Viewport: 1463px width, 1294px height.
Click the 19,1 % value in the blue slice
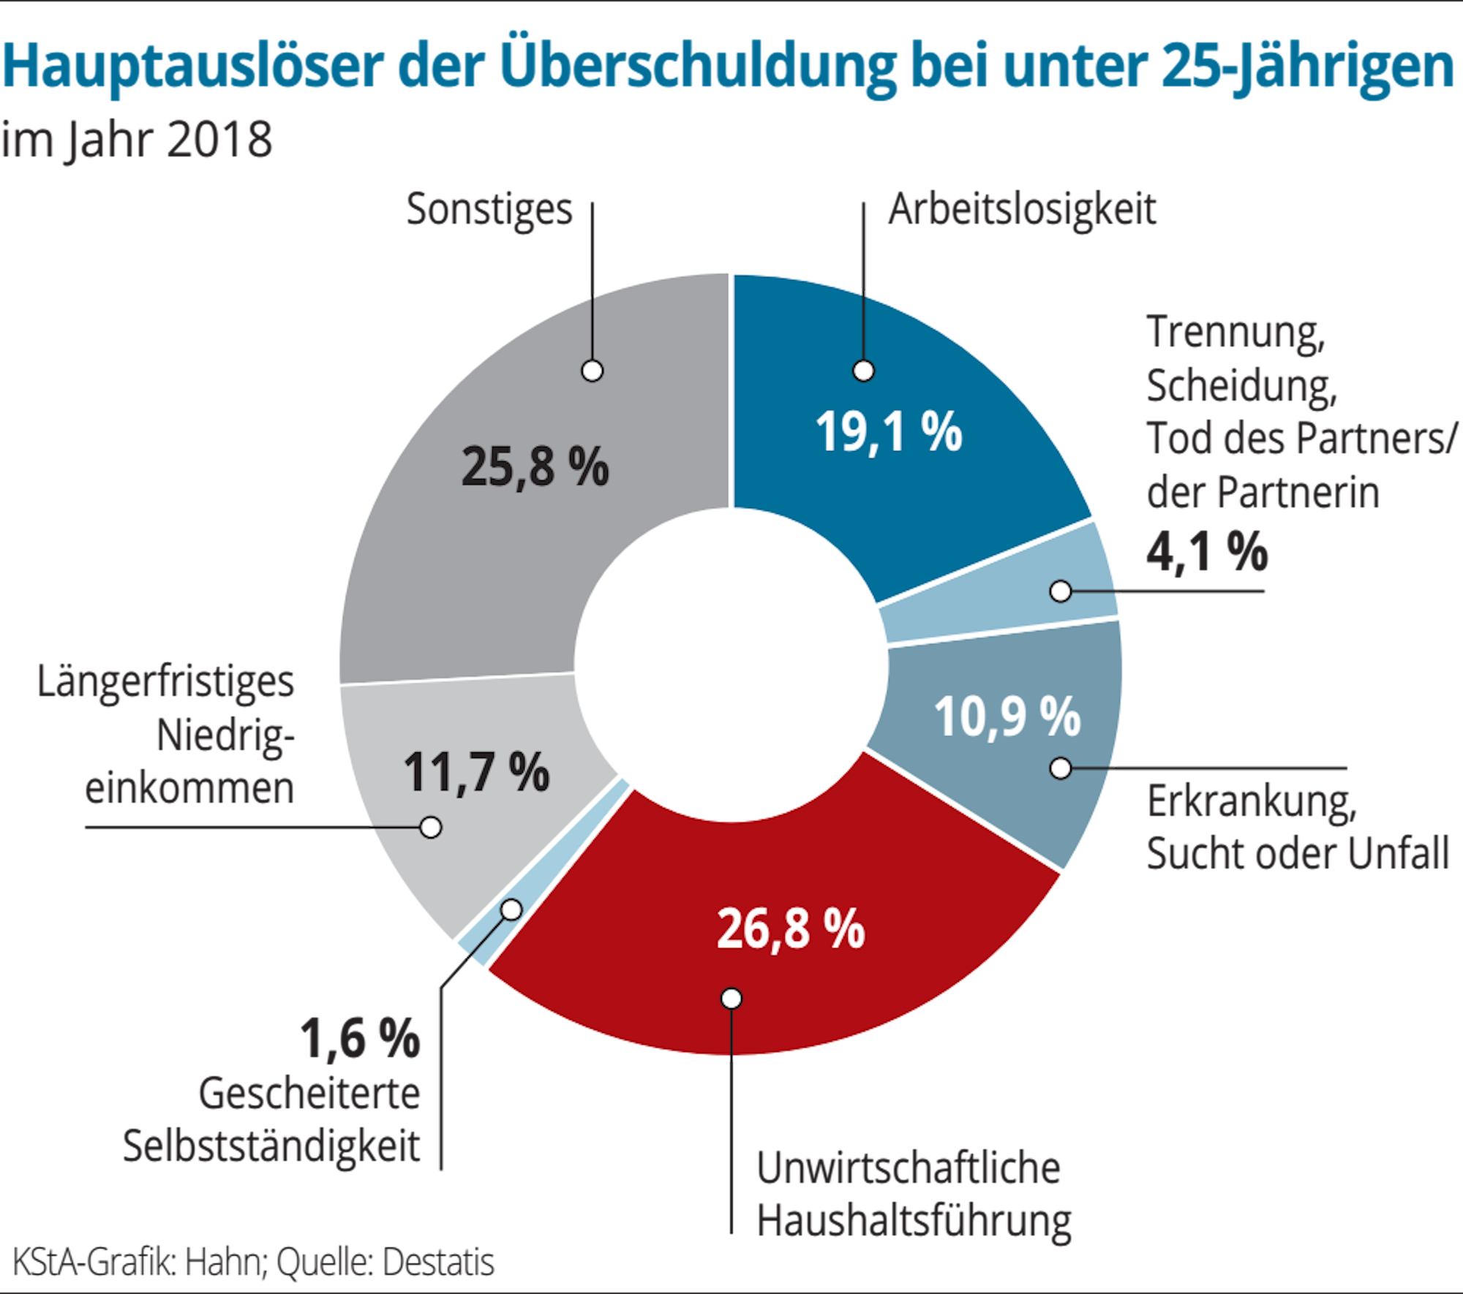(x=889, y=432)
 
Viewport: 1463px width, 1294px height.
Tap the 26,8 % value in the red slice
(x=791, y=929)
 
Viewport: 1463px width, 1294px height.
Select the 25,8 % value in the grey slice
(x=535, y=467)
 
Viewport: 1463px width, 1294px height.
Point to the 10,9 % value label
(x=1007, y=716)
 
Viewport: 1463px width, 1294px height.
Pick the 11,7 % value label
(x=476, y=772)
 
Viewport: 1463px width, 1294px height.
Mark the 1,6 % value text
(x=361, y=1038)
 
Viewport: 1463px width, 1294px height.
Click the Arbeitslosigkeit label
(x=1022, y=210)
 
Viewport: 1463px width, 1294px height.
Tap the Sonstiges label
(x=489, y=210)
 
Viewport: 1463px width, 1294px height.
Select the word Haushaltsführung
(x=914, y=1222)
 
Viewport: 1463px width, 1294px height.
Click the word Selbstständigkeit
(x=271, y=1146)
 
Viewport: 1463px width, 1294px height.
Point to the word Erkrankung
(x=1252, y=802)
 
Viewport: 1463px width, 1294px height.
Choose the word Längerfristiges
(x=166, y=683)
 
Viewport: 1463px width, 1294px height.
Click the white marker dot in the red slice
(x=731, y=999)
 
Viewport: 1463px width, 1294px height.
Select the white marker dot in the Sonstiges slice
(x=593, y=371)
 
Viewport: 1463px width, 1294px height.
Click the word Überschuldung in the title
(x=699, y=67)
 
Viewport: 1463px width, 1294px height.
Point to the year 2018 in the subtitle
(x=219, y=140)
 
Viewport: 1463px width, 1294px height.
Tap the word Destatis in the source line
(x=439, y=1263)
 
